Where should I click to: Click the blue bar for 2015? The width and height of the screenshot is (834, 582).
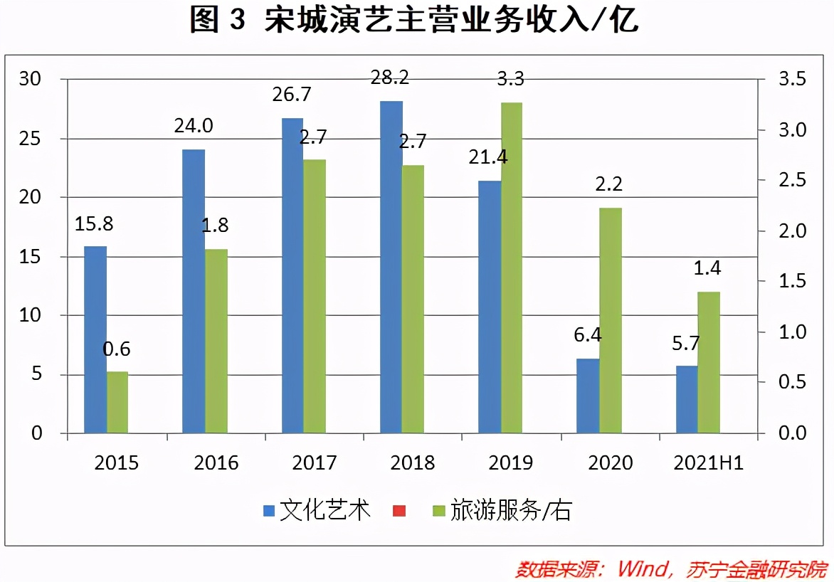[x=95, y=339]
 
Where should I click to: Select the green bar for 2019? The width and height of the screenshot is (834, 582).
[x=511, y=268]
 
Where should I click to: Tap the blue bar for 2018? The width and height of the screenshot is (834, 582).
[x=391, y=267]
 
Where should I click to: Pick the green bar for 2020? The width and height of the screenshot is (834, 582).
[x=610, y=320]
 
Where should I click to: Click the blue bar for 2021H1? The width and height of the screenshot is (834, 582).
[x=687, y=399]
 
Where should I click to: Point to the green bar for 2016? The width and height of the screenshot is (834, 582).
[x=216, y=341]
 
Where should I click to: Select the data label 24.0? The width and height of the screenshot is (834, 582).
[x=194, y=126]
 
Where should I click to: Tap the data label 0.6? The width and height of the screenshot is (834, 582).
[x=117, y=349]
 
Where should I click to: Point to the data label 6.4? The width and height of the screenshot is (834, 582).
[x=587, y=334]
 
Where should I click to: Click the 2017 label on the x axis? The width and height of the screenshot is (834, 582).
[x=315, y=463]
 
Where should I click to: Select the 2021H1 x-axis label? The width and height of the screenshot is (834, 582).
[x=709, y=463]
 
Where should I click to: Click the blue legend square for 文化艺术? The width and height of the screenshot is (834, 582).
[x=268, y=510]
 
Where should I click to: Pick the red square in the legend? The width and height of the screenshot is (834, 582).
[x=398, y=510]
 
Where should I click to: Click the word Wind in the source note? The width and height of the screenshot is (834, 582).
[x=640, y=569]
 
